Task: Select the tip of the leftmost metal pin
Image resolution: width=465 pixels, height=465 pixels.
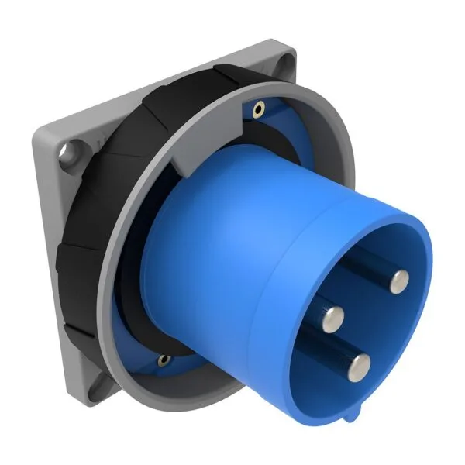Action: pos(334,315)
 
